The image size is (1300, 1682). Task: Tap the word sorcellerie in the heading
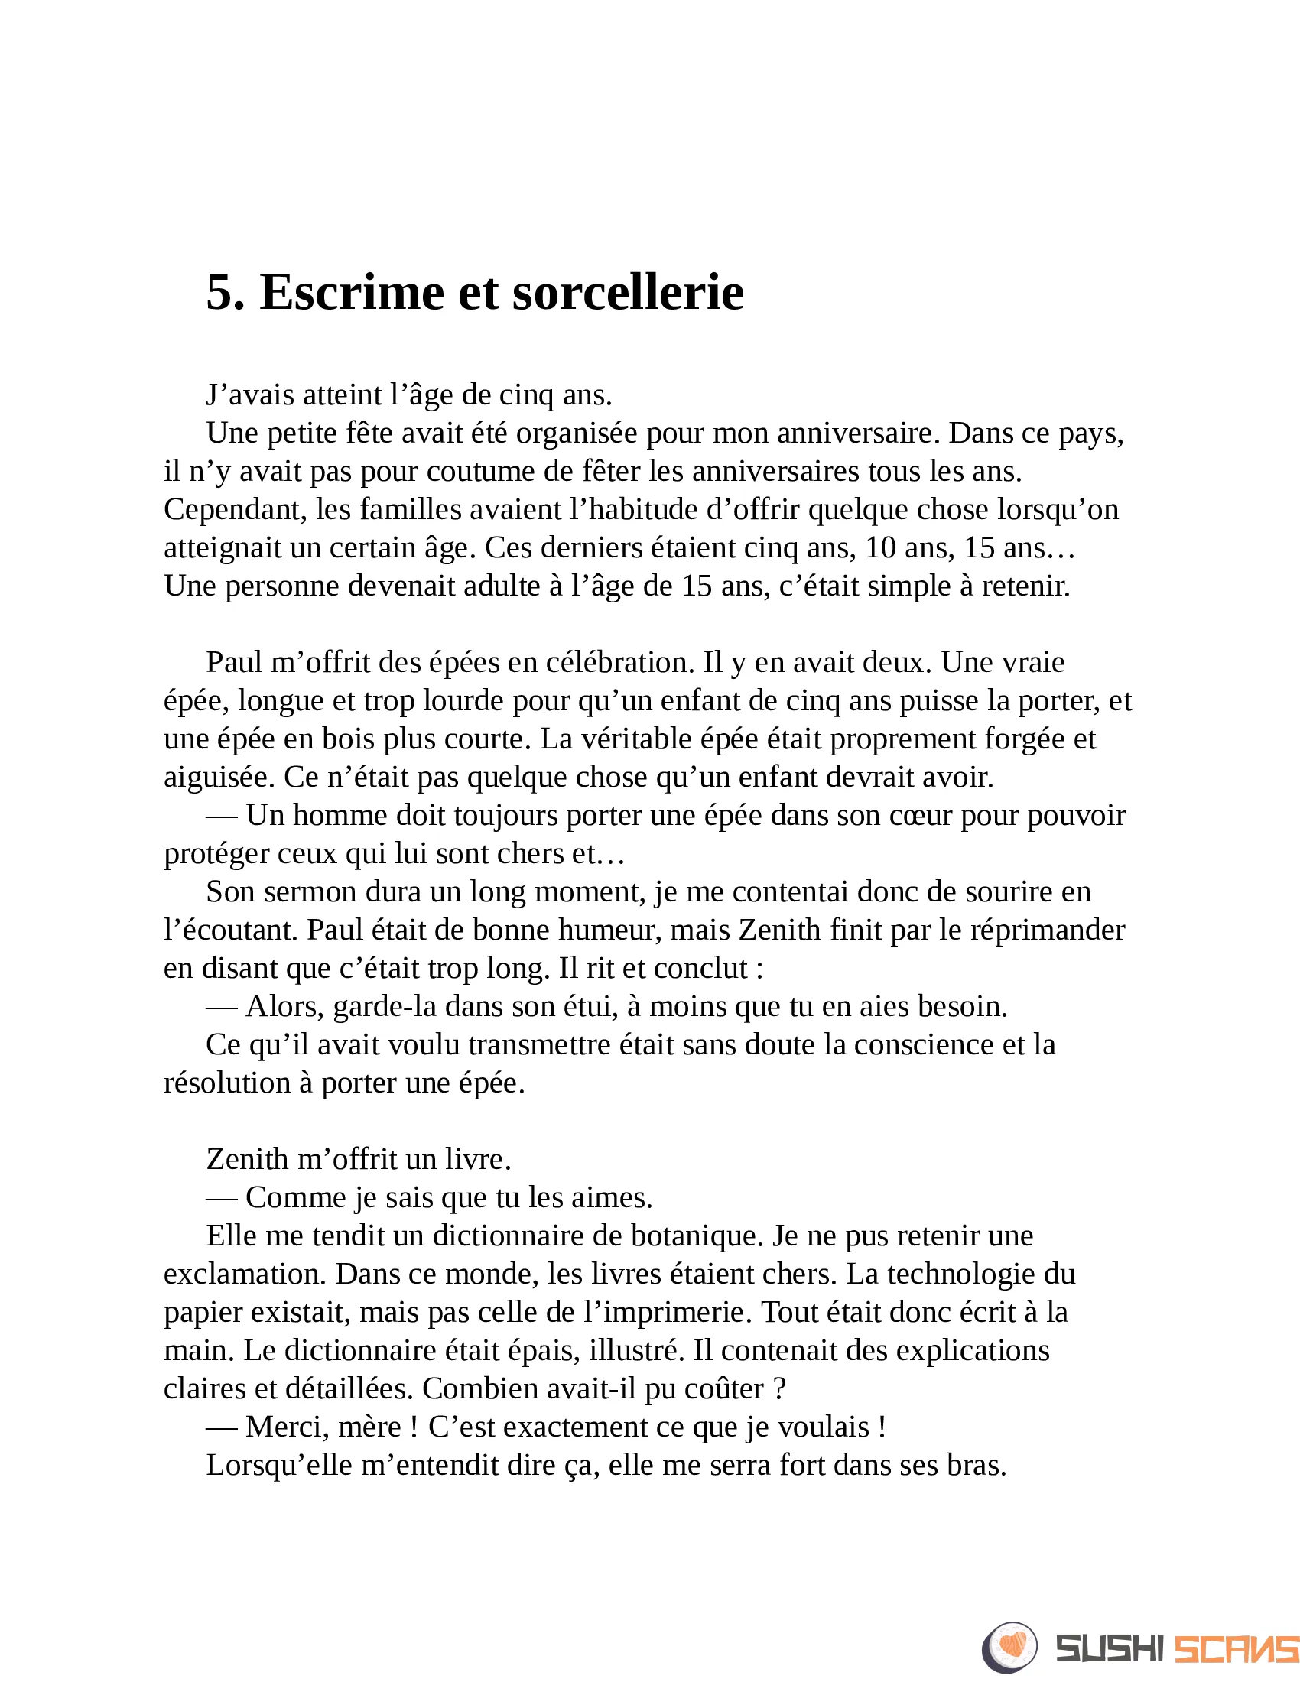628,293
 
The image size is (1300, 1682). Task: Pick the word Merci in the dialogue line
283,1427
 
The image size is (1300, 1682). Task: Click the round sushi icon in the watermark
1009,1648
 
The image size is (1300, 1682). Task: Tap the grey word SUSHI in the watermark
1108,1649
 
